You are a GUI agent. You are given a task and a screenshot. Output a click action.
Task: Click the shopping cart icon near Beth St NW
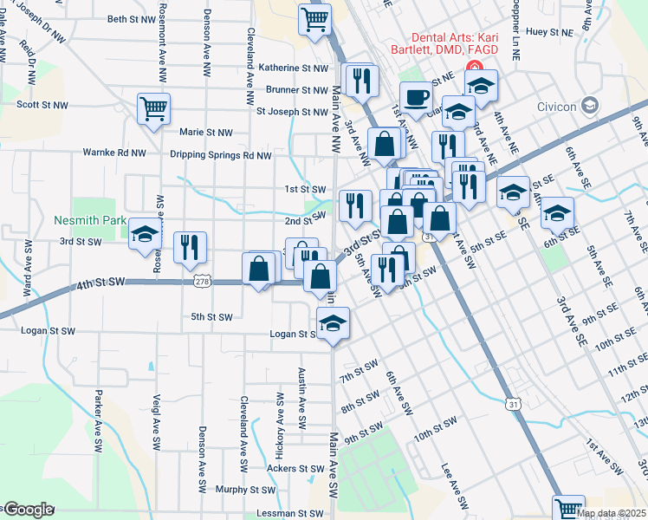314,18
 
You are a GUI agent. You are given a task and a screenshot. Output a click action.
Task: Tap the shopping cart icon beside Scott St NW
153,109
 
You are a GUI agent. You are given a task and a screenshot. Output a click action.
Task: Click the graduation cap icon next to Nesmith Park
144,235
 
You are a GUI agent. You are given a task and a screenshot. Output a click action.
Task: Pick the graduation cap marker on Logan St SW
332,322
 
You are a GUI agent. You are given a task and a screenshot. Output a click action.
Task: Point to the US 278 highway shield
203,283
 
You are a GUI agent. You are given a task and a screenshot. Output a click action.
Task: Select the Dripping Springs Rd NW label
220,156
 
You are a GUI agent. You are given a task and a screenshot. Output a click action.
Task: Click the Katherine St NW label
294,68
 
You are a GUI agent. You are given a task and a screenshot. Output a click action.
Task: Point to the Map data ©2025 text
612,513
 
